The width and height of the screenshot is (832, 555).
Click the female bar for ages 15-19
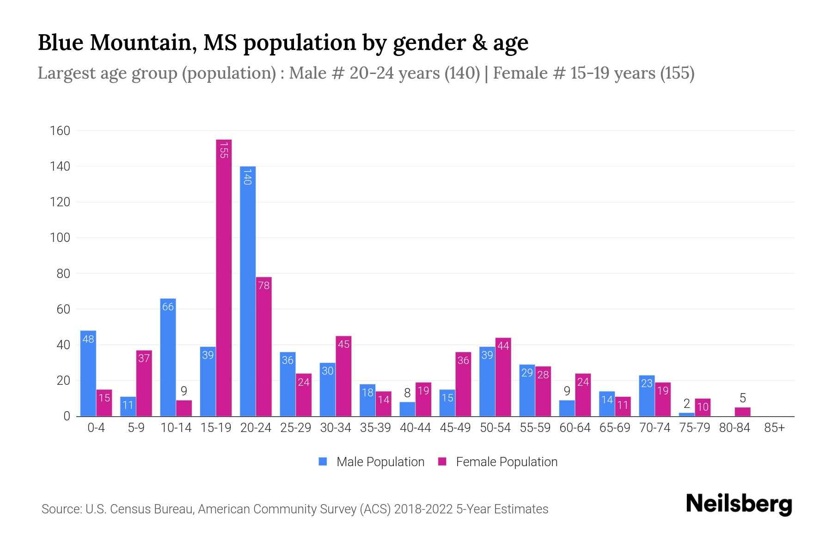(224, 277)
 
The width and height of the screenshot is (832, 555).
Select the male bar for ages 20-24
(248, 291)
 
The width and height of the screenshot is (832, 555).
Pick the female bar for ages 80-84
(742, 412)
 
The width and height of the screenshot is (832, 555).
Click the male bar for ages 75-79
(686, 414)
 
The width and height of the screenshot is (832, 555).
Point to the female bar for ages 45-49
(463, 384)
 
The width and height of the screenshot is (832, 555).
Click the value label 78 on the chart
(263, 285)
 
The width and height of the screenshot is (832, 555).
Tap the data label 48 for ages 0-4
(88, 339)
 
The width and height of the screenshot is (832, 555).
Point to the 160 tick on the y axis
(60, 131)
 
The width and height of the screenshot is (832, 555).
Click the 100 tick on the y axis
(60, 238)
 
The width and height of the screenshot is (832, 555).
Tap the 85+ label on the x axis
(774, 428)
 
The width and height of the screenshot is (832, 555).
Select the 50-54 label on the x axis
(495, 428)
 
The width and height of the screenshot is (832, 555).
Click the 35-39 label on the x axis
(375, 428)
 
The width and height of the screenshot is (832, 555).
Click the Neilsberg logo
(739, 504)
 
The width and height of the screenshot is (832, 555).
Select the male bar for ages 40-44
(407, 409)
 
